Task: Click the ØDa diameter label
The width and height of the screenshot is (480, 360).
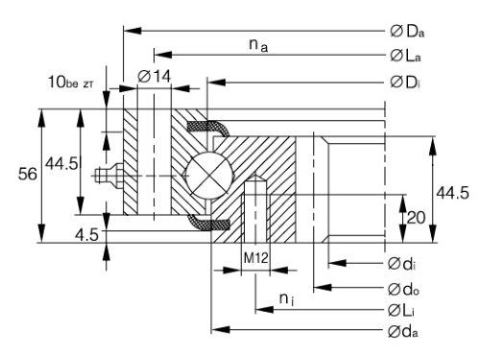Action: click(407, 32)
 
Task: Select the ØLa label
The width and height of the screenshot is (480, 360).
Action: click(405, 56)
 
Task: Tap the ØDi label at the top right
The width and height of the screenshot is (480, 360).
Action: click(405, 83)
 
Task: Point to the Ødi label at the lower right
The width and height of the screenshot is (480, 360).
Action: click(402, 264)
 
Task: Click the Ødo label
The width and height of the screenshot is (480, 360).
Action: click(403, 289)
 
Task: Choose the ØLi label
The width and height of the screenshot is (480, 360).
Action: click(401, 310)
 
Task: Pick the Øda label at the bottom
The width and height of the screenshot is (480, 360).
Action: click(403, 331)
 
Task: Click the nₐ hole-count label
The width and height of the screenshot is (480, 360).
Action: click(258, 45)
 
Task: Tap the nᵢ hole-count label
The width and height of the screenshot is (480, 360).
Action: click(287, 300)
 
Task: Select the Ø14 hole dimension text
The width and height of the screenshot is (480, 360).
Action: click(155, 76)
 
